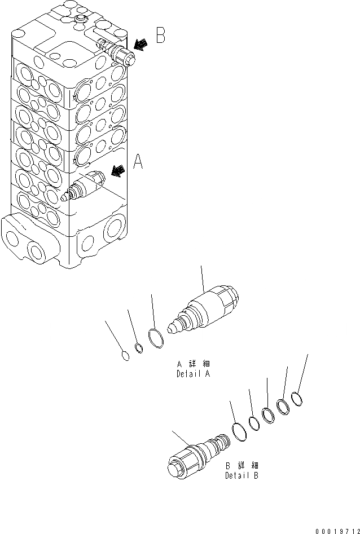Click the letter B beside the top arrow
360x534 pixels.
coord(160,37)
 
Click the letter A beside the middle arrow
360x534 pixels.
coord(138,162)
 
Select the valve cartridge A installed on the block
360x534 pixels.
coord(85,187)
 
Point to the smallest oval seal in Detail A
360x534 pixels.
coord(126,355)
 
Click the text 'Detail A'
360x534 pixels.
coord(194,373)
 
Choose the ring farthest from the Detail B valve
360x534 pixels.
coord(297,399)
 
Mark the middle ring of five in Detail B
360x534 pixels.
coord(269,414)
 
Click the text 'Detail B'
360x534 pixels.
coord(242,475)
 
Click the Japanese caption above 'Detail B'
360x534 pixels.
coord(242,466)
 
